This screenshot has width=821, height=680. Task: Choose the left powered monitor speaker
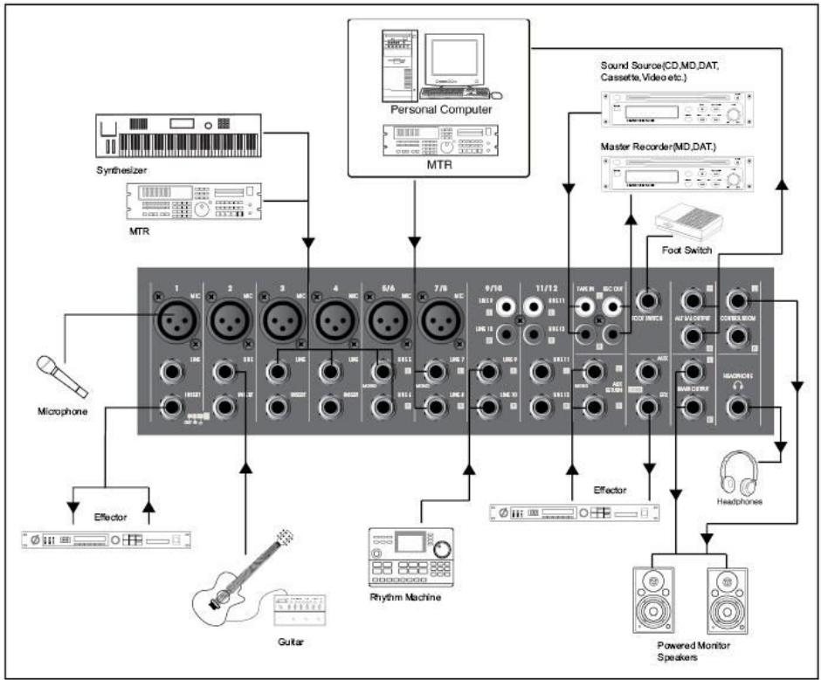coord(655,599)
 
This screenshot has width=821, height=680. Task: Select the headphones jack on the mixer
coord(740,407)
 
